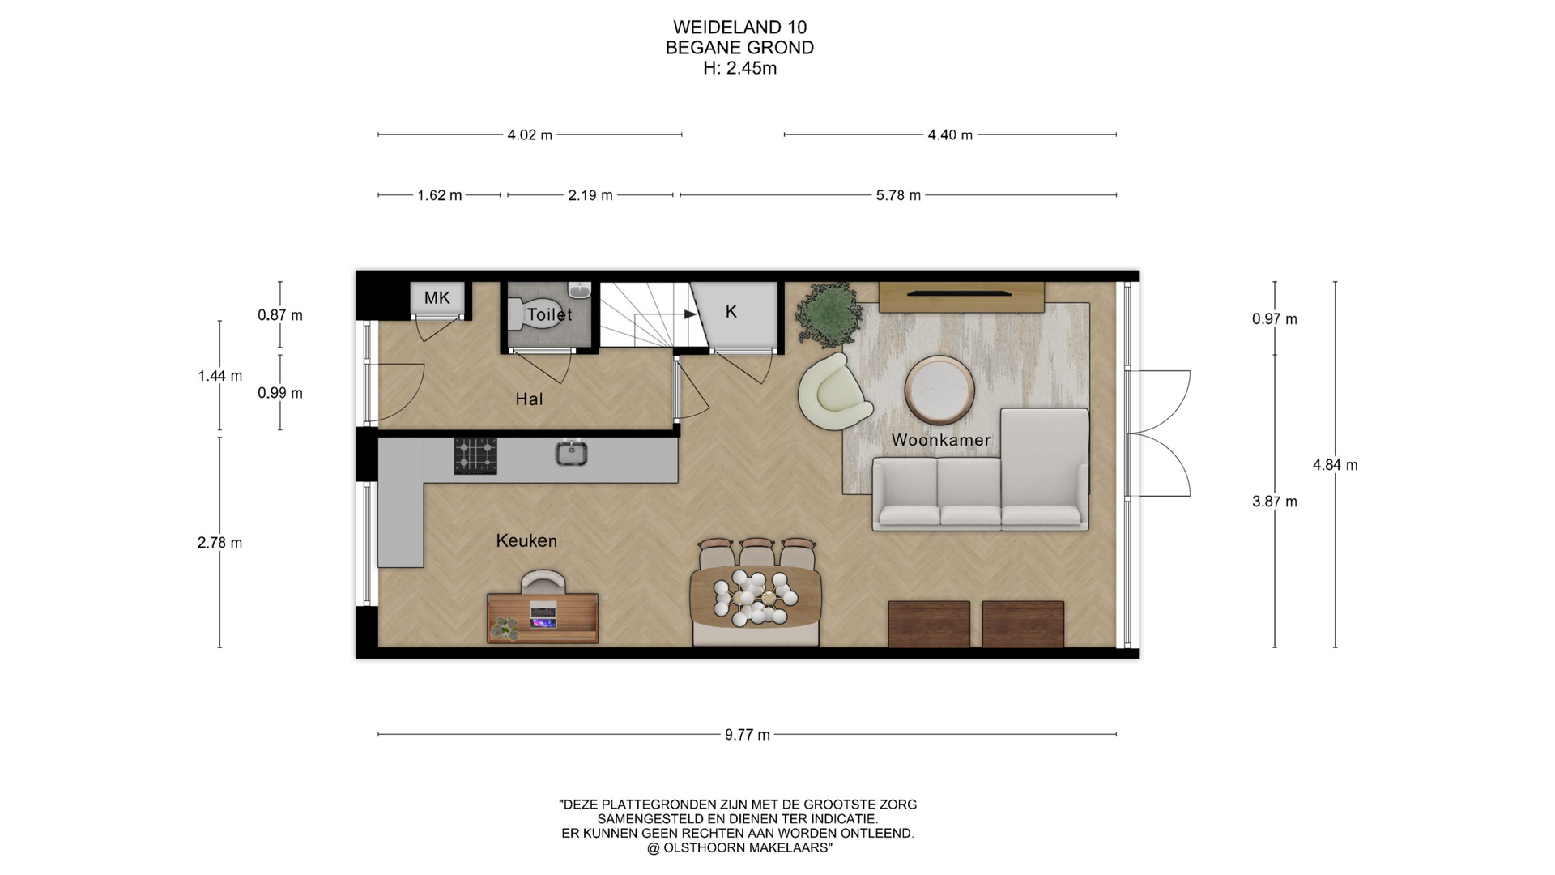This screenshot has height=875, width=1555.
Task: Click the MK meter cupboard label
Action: (437, 298)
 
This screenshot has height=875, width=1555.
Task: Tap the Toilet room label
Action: (549, 314)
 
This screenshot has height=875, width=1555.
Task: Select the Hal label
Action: (529, 399)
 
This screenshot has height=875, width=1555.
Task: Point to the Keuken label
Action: (526, 540)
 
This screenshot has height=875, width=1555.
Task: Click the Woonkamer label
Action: (941, 440)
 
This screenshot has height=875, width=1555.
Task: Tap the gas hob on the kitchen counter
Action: (475, 455)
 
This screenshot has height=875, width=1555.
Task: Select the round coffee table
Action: (939, 391)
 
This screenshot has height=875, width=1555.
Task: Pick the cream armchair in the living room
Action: (834, 391)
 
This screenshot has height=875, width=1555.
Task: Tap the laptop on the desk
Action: (543, 614)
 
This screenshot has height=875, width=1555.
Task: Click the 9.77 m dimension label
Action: (748, 735)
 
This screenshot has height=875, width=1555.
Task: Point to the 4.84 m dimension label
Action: (1336, 465)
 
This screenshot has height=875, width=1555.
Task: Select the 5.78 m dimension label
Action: (898, 195)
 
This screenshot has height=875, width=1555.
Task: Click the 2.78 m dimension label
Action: (219, 543)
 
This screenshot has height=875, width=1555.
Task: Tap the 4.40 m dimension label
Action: (950, 135)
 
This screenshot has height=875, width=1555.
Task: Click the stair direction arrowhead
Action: (691, 314)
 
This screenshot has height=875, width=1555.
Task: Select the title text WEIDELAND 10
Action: (739, 28)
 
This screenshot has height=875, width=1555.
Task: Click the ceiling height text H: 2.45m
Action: (739, 68)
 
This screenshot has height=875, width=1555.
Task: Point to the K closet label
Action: (731, 312)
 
